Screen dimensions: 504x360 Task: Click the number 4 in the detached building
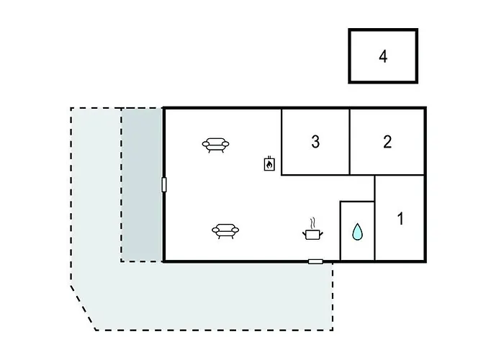pyautogui.click(x=383, y=57)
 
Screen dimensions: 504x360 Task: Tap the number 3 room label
pyautogui.click(x=315, y=142)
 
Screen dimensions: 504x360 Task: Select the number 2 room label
pyautogui.click(x=387, y=142)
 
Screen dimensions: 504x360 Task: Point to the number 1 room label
pyautogui.click(x=400, y=219)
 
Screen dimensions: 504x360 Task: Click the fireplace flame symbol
pyautogui.click(x=269, y=164)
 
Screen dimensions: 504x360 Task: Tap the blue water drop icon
pyautogui.click(x=357, y=232)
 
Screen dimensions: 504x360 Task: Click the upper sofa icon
pyautogui.click(x=215, y=145)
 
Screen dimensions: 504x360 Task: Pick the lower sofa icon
pyautogui.click(x=225, y=231)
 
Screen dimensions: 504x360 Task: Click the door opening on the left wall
pyautogui.click(x=164, y=185)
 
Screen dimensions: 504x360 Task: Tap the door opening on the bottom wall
pyautogui.click(x=315, y=261)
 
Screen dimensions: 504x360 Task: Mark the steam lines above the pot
pyautogui.click(x=312, y=222)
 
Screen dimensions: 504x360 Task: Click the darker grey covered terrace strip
pyautogui.click(x=142, y=185)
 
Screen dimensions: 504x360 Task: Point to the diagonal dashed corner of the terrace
pyautogui.click(x=84, y=307)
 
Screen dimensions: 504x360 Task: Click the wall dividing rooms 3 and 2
pyautogui.click(x=349, y=142)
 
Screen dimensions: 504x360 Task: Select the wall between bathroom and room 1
pyautogui.click(x=375, y=218)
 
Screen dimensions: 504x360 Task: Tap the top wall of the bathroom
pyautogui.click(x=357, y=202)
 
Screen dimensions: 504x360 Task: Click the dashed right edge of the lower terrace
pyautogui.click(x=333, y=296)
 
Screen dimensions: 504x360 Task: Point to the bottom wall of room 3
pyautogui.click(x=315, y=175)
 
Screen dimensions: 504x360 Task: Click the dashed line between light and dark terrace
pyautogui.click(x=122, y=185)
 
